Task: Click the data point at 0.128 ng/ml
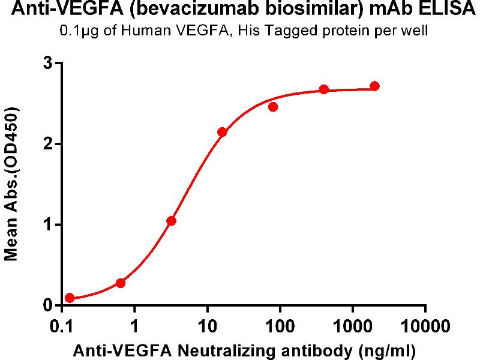70,298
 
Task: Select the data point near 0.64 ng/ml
121,283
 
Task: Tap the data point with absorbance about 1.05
172,221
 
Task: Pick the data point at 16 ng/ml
222,132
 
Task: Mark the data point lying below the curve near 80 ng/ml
273,107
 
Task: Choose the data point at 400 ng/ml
324,89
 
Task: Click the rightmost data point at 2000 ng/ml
375,86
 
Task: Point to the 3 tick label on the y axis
49,63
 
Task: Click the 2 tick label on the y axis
49,144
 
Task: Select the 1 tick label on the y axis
49,225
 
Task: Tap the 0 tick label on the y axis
49,305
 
